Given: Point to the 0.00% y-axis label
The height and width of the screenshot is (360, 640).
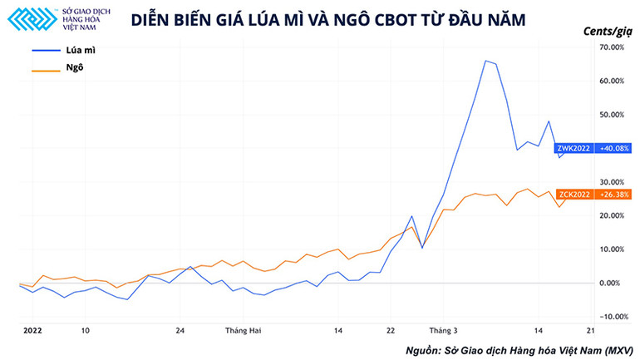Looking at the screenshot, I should point(613,283).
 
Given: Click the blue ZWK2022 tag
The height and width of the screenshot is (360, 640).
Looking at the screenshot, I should point(574,148).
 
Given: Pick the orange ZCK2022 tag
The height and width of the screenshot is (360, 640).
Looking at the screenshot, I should point(574,195).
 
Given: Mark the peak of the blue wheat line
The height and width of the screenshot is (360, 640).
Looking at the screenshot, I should point(485,60).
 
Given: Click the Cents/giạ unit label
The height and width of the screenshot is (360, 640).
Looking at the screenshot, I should point(607,31).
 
